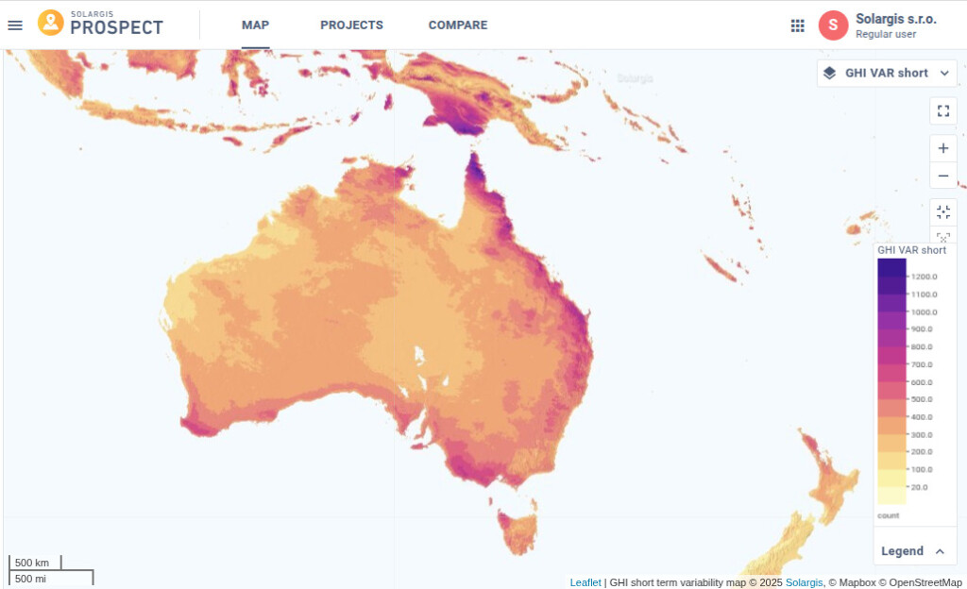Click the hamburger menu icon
pyautogui.click(x=15, y=25)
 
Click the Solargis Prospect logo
pyautogui.click(x=100, y=24)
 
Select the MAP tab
pyautogui.click(x=255, y=25)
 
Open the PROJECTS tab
pyautogui.click(x=351, y=25)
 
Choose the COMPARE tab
pyautogui.click(x=458, y=25)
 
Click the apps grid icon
pyautogui.click(x=798, y=25)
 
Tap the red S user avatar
pyautogui.click(x=833, y=25)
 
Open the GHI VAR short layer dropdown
pyautogui.click(x=887, y=73)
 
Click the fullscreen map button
pyautogui.click(x=942, y=110)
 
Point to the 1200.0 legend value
pyautogui.click(x=924, y=277)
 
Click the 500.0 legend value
pyautogui.click(x=921, y=399)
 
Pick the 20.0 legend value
pyautogui.click(x=919, y=487)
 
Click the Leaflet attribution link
pyautogui.click(x=585, y=582)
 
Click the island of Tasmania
pyautogui.click(x=517, y=530)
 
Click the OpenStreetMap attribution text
pyautogui.click(x=925, y=582)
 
